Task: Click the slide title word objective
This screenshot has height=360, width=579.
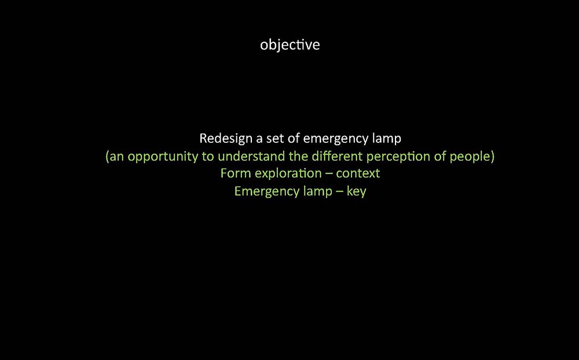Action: click(290, 45)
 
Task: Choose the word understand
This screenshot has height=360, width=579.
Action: click(251, 156)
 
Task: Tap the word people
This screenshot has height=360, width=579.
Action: click(469, 157)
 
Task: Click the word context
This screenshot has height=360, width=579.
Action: click(358, 174)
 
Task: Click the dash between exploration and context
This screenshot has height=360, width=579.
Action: click(329, 174)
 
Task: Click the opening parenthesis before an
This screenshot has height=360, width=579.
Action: click(108, 157)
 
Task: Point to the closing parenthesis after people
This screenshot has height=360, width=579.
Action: click(492, 157)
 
